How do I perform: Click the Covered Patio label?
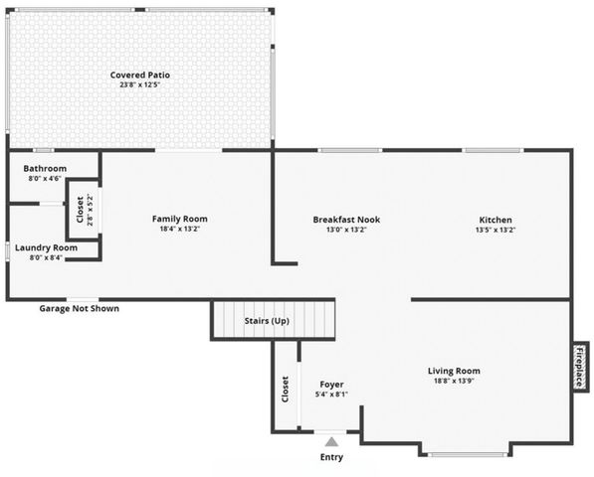138,76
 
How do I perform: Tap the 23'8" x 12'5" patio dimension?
138,85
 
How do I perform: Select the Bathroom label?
45,169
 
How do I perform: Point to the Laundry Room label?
46,247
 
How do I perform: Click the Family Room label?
180,219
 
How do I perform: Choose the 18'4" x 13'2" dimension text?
180,230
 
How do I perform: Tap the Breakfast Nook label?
346,220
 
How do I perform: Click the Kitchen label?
495,220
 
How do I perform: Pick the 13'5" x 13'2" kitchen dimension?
495,230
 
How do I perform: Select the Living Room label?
455,372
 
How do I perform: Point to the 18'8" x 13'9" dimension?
455,382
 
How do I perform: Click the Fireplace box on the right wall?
580,366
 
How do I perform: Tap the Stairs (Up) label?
267,321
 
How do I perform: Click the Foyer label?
331,384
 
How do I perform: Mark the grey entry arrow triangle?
330,441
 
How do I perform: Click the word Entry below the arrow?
330,457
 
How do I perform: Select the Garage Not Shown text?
79,309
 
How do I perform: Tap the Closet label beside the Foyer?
286,389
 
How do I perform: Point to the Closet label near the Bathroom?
81,210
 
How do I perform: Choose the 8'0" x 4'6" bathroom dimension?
45,179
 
